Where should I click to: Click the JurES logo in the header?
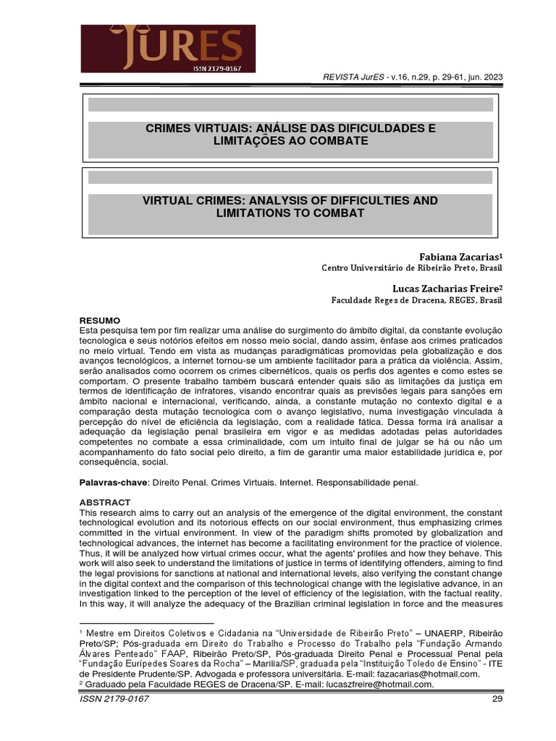tap(168, 48)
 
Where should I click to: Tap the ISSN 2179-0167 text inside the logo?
tap(216, 67)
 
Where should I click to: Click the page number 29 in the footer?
tap(497, 700)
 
